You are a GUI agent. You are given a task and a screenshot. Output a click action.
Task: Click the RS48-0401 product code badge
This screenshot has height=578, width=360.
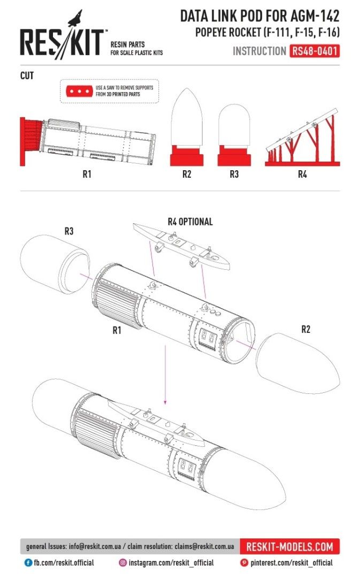(314, 51)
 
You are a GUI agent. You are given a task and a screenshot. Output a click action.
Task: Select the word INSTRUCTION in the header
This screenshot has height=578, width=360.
(259, 51)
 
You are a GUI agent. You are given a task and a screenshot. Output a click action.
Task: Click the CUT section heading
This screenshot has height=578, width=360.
(27, 76)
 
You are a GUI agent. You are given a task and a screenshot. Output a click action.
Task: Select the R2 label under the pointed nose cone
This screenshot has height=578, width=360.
(187, 174)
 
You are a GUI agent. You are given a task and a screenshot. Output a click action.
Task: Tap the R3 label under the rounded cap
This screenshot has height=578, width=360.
(234, 174)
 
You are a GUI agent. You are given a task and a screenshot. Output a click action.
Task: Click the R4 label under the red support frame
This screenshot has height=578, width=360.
(302, 174)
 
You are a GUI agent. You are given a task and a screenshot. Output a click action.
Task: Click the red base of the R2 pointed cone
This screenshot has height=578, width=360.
(187, 155)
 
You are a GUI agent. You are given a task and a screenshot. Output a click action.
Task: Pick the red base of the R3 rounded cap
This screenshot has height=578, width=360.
(234, 155)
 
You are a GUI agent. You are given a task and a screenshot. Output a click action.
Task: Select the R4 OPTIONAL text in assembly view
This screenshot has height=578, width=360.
(190, 222)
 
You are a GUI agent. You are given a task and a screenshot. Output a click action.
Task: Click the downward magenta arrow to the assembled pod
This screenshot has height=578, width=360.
(166, 375)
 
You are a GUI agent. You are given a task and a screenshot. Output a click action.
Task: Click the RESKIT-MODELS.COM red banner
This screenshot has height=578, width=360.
(289, 546)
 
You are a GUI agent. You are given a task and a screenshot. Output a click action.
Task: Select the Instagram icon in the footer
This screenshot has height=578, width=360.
(122, 562)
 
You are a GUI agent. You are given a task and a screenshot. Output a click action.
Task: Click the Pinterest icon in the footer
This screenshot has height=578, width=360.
(244, 562)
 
